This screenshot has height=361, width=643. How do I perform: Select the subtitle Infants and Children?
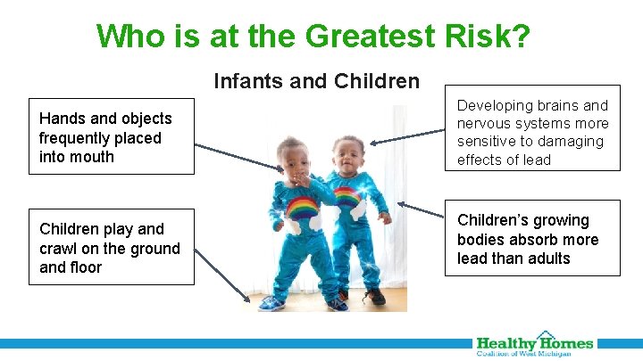pos(316,82)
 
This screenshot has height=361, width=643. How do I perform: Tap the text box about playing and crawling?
pos(109,248)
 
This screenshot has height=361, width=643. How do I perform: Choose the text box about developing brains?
pos(532,133)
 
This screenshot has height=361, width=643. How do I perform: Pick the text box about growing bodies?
pos(532,239)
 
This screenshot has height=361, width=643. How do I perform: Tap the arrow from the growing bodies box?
pos(420,225)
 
